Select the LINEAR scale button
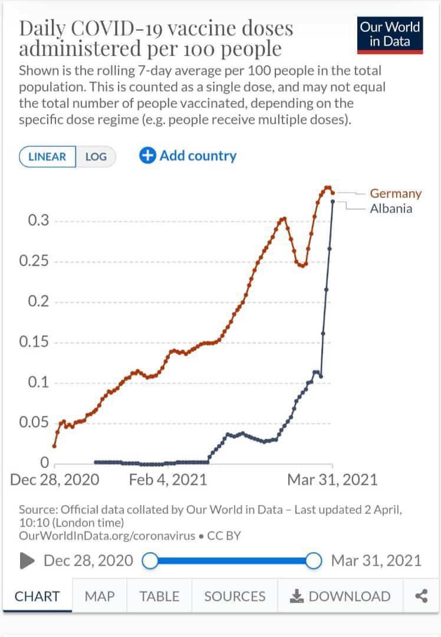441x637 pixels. tap(48, 157)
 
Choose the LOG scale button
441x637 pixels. tap(96, 157)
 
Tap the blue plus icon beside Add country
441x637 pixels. tap(147, 156)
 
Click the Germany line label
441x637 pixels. tap(396, 193)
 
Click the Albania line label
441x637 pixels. tap(391, 208)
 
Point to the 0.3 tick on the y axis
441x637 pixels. tap(38, 221)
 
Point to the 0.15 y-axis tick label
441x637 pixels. tap(34, 343)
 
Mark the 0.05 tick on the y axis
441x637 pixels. tap(34, 423)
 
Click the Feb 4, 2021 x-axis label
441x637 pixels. tap(168, 480)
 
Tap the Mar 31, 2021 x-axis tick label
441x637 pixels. tap(332, 480)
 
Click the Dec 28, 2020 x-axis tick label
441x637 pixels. tap(55, 480)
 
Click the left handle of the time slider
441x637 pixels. tap(151, 560)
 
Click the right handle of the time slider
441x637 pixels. tap(314, 560)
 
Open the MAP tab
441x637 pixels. tap(100, 596)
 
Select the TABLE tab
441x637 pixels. tap(159, 596)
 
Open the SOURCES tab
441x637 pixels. tap(235, 596)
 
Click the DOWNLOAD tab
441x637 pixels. tap(340, 596)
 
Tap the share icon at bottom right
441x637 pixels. tap(421, 596)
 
